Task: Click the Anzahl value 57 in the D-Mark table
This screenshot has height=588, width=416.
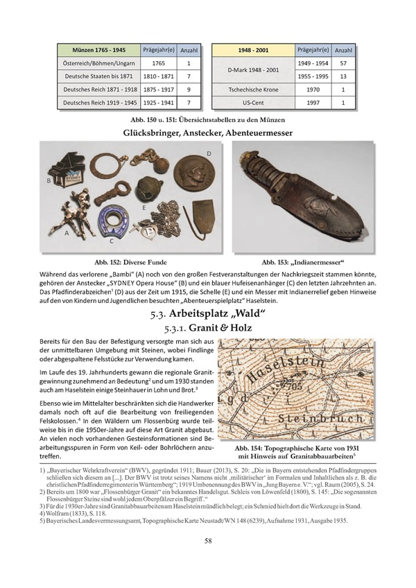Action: [341, 63]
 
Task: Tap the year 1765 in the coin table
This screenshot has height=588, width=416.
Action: [157, 63]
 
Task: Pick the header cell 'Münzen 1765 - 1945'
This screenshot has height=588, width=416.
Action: [97, 51]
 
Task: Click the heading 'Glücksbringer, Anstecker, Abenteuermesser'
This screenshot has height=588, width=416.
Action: [207, 132]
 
